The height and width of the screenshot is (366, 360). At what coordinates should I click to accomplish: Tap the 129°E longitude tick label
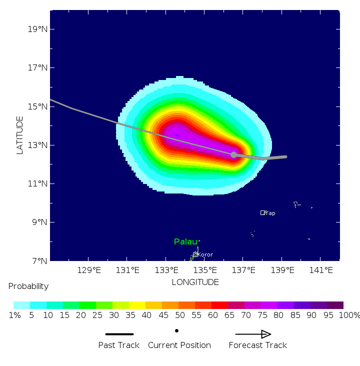tap(89, 270)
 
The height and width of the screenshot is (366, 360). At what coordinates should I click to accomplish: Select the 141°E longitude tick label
tap(321, 270)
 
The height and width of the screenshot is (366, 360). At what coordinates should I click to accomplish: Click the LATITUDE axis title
tap(20, 135)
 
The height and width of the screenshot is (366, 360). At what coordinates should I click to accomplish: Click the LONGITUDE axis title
tap(195, 282)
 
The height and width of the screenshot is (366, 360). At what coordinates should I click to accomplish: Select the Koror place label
tap(205, 255)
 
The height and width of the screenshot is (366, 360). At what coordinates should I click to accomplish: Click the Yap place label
tap(270, 213)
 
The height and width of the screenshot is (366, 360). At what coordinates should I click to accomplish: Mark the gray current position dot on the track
tap(233, 155)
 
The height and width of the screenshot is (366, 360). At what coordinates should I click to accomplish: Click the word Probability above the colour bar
tap(28, 286)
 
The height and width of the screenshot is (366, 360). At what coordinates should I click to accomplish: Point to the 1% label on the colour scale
tap(14, 315)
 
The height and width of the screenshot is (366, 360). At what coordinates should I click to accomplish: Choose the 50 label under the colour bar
tap(178, 315)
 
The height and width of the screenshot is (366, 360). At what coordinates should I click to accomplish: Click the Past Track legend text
tap(118, 345)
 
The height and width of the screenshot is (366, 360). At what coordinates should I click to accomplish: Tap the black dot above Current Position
tap(176, 330)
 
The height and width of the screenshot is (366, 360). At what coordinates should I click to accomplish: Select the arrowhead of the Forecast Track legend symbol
tap(266, 334)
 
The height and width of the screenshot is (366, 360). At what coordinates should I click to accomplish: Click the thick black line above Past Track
tap(119, 334)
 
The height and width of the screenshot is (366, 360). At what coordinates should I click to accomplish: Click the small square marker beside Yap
tap(262, 212)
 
